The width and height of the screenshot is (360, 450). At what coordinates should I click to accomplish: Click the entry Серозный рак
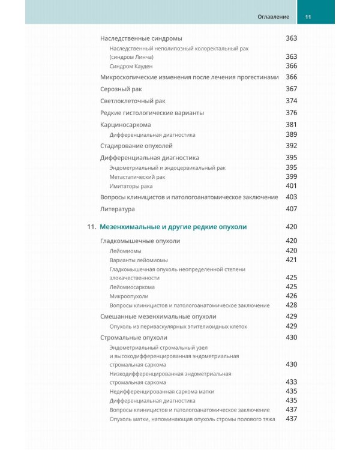click(121, 89)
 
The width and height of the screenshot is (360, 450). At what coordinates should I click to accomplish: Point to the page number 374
click(292, 100)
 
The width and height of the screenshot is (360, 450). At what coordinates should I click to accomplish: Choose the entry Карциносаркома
click(125, 124)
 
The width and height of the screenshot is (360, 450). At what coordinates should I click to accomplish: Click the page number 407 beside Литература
click(292, 209)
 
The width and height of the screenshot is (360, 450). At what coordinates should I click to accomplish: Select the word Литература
click(118, 209)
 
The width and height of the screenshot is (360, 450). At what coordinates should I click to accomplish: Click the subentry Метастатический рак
click(137, 177)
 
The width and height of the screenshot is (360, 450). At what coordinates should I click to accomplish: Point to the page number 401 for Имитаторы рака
click(292, 186)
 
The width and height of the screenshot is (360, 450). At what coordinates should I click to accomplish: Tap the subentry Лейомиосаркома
click(132, 287)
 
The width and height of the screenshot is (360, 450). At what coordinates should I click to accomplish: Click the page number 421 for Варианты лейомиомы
click(292, 260)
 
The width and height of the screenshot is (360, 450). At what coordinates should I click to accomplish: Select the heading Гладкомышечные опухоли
click(140, 241)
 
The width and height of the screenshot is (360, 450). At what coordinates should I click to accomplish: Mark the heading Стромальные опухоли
click(134, 338)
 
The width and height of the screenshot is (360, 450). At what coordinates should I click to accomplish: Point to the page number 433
click(292, 382)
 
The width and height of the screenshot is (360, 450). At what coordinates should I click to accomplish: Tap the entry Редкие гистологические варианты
click(152, 112)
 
